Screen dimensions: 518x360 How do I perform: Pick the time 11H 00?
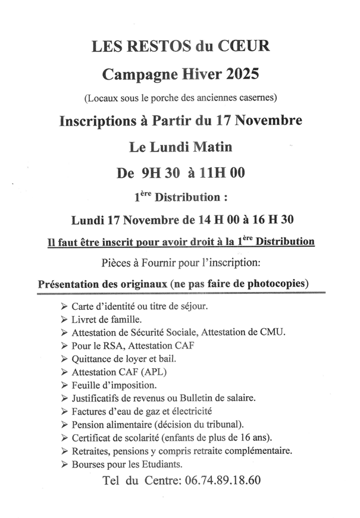point(223,173)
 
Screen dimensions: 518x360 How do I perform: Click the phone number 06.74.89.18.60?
point(220,480)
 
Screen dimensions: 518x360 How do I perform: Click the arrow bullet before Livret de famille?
point(64,320)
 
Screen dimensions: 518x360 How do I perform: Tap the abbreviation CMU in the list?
point(272,332)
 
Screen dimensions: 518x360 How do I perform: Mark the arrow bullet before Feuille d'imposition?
point(64,385)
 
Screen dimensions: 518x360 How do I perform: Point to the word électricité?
point(192,411)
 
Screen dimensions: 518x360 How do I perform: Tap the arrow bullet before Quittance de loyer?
point(64,359)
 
